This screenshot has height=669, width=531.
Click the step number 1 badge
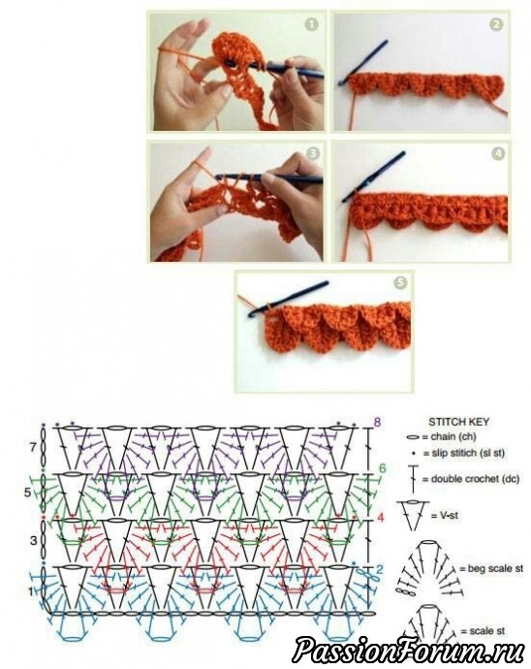point(312,25)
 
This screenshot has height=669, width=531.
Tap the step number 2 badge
point(495,25)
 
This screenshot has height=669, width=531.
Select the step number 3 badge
point(314,153)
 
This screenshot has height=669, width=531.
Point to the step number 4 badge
point(498,153)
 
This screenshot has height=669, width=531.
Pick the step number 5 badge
point(400,282)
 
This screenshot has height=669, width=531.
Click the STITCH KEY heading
point(459,422)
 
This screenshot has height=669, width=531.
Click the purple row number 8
point(377,423)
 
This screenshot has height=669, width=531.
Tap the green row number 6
point(382,468)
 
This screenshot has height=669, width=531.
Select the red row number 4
point(381,518)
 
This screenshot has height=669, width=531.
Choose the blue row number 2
point(380,569)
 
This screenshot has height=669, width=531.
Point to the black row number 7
point(33,448)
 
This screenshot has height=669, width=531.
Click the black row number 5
point(28,493)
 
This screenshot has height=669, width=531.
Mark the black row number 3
point(34,541)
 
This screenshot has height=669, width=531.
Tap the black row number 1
point(30,591)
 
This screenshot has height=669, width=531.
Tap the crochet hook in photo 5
point(289,299)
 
